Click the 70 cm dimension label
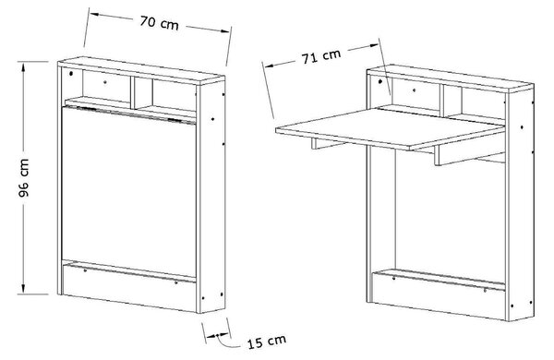click(159, 23)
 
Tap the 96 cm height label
click(24, 178)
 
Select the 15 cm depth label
click(267, 342)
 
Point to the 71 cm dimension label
click(321, 56)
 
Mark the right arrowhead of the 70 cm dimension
click(225, 30)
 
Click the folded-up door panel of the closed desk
click(129, 191)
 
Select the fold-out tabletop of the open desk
click(390, 128)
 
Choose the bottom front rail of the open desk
click(439, 295)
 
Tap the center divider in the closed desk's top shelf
click(133, 92)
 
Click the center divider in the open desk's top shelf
click(442, 101)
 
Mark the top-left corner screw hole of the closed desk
click(71, 74)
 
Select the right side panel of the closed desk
click(211, 197)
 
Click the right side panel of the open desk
click(520, 205)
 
